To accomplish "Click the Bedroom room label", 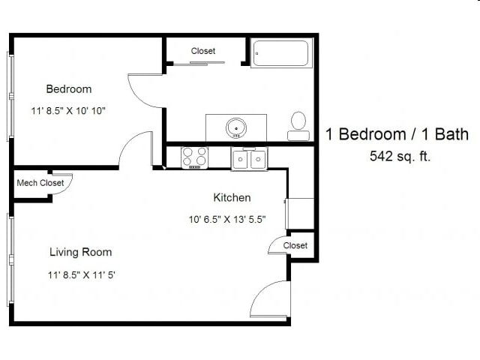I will point(69,89).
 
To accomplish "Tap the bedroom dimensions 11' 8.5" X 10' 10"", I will point(69,111).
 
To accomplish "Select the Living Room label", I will point(80,252).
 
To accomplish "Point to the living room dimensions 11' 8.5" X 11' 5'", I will point(80,274).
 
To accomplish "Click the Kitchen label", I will point(232,198).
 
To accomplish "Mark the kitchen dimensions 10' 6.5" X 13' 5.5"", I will point(226,220).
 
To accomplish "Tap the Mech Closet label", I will point(40,182).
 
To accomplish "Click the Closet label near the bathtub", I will point(203,51).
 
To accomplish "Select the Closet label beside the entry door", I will point(295,245).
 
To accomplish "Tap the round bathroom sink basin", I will point(236,127).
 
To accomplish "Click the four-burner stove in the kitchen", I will point(195,157).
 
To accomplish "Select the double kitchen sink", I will point(248,159).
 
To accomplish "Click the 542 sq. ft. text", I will point(400,157).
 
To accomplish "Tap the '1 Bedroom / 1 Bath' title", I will point(397,134).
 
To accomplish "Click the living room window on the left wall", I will point(10,259).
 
